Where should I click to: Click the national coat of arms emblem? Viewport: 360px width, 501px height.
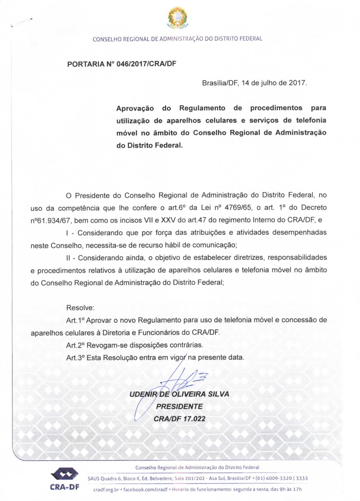coord(177,17)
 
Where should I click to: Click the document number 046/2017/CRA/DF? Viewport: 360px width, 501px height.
coord(147,64)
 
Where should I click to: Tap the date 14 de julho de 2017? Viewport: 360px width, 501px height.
coord(274,83)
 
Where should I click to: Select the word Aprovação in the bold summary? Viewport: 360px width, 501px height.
coord(135,109)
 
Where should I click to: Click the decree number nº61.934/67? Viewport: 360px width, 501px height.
coord(50,220)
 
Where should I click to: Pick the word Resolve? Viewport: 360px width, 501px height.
coord(80,308)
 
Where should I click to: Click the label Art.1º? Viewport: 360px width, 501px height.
coord(75,320)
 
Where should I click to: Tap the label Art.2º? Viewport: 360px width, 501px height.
coord(75,345)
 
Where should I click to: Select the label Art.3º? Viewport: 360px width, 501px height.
coord(75,358)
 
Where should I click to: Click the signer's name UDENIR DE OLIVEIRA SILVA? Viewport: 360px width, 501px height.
coord(179,394)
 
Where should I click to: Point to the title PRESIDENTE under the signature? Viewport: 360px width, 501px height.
coord(179,407)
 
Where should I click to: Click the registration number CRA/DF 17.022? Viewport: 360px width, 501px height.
coord(179,419)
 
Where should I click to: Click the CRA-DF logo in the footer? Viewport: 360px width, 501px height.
coord(65,479)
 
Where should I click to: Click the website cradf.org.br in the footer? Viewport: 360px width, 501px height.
coord(106,490)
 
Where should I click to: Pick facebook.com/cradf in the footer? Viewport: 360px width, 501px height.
coord(145,490)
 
